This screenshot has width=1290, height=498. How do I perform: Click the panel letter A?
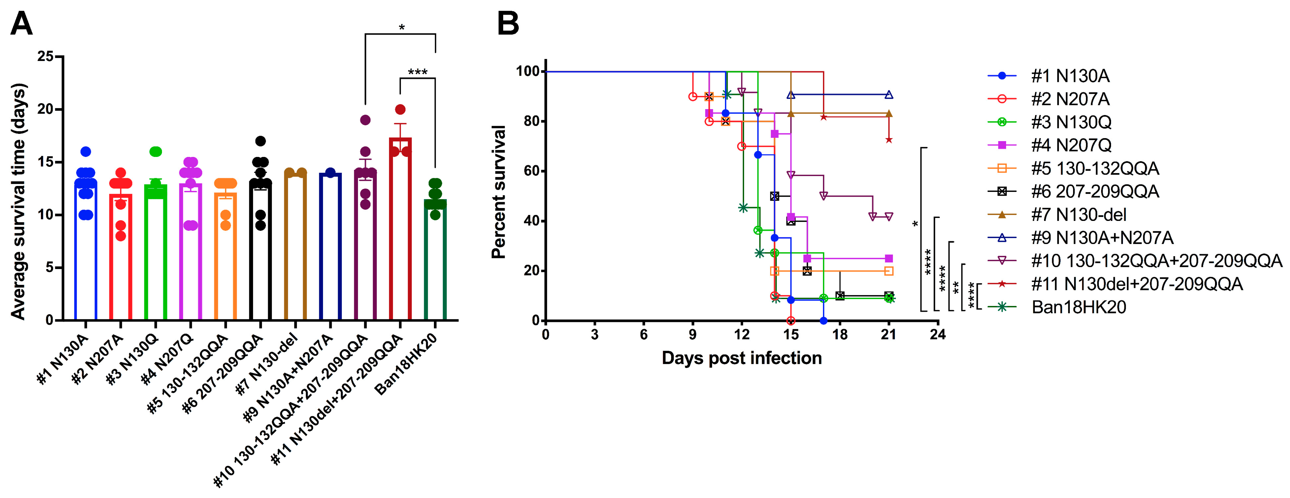[22, 24]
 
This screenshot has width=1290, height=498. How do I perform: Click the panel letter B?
[508, 24]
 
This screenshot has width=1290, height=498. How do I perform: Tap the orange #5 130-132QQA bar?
[225, 261]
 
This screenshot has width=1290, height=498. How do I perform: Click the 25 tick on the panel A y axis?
[46, 56]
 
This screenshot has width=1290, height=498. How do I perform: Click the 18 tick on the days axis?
[840, 334]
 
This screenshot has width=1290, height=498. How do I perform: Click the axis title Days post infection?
[742, 358]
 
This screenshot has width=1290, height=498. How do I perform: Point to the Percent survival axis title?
[499, 192]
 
